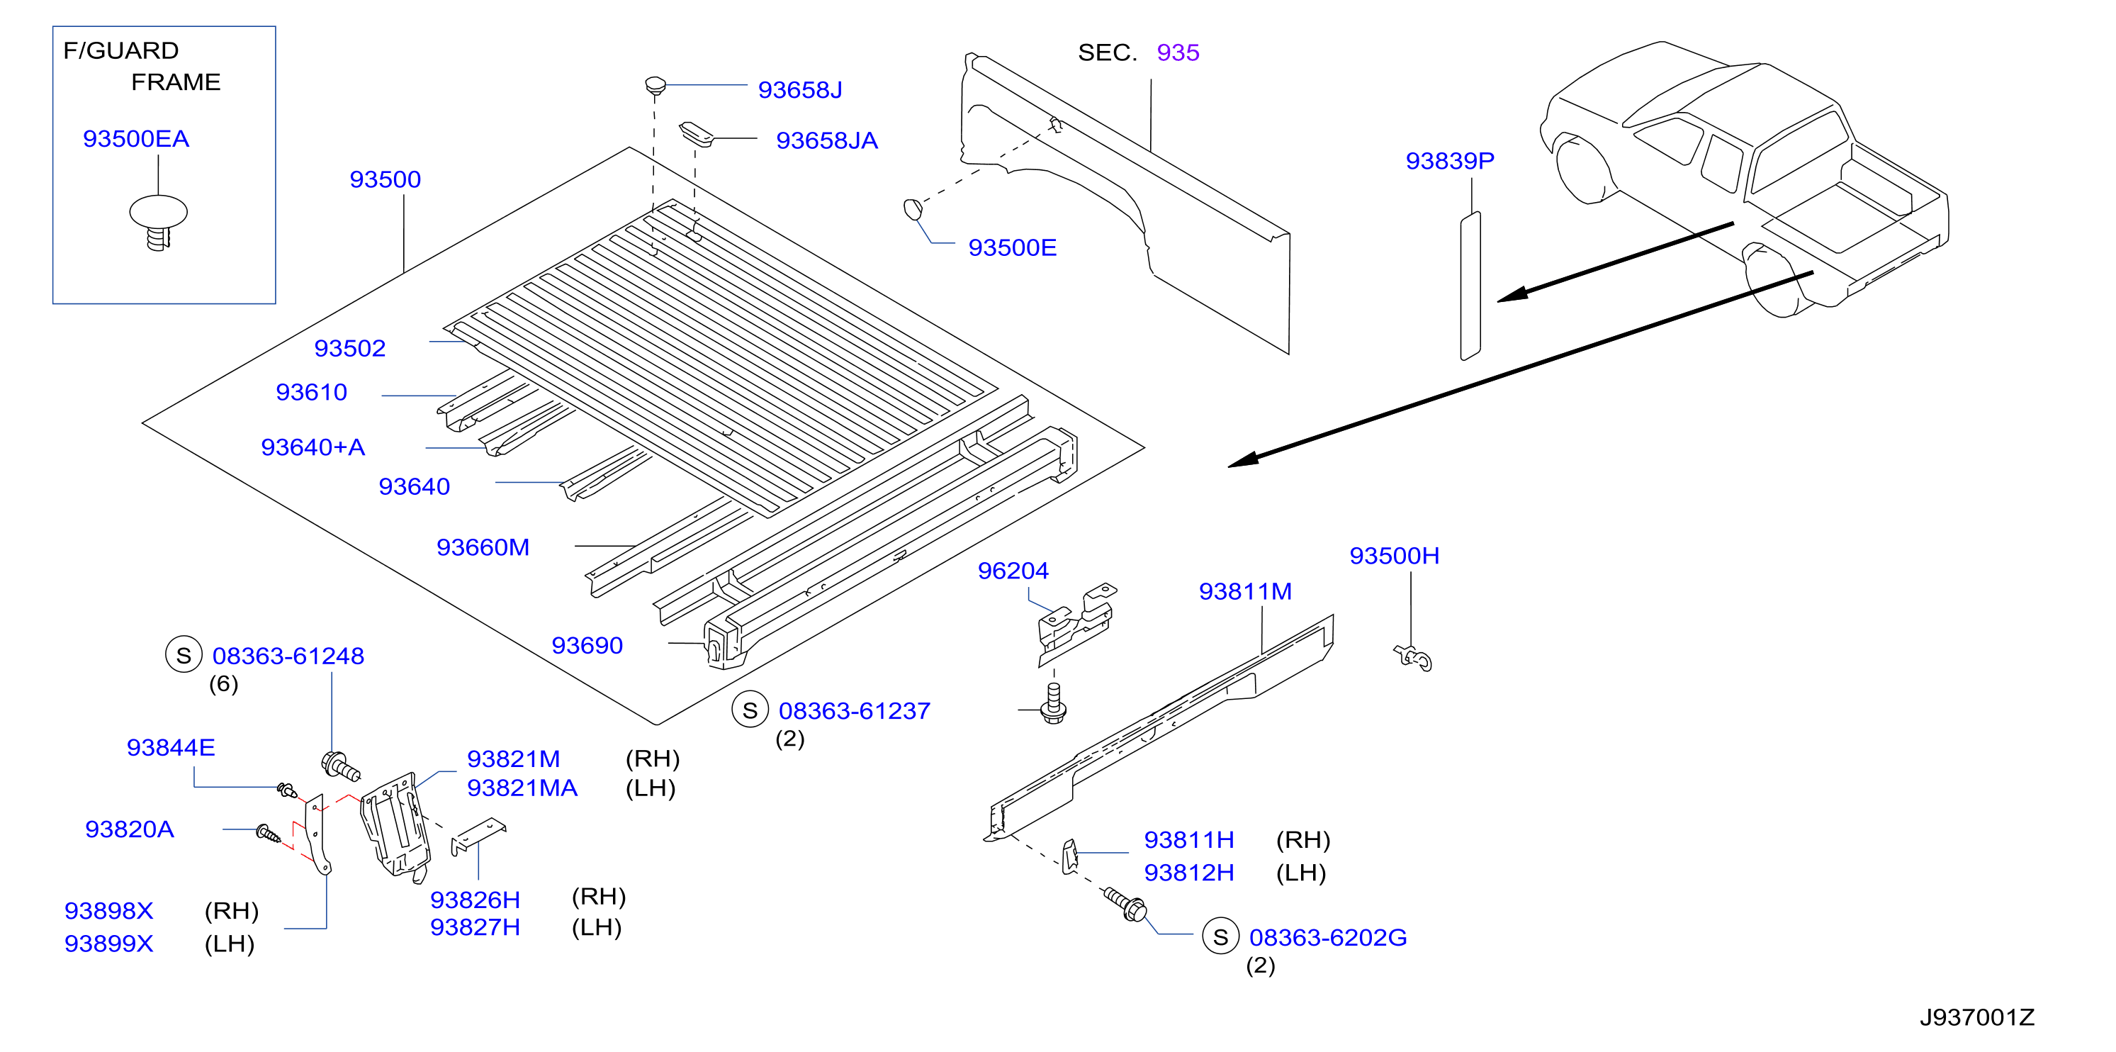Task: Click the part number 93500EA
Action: pyautogui.click(x=135, y=139)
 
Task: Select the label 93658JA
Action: pyautogui.click(x=826, y=140)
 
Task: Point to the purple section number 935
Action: pyautogui.click(x=1178, y=52)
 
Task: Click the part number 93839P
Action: pyautogui.click(x=1450, y=161)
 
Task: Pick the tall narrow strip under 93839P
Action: pyautogui.click(x=1470, y=285)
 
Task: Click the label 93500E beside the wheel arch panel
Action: pyautogui.click(x=1012, y=247)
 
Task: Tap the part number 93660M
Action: pyautogui.click(x=483, y=547)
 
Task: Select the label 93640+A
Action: pyautogui.click(x=313, y=447)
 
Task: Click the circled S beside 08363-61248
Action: pyautogui.click(x=184, y=655)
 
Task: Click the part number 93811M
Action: pyautogui.click(x=1245, y=592)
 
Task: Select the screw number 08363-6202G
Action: pyautogui.click(x=1327, y=938)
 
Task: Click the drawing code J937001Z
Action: pyautogui.click(x=1976, y=1017)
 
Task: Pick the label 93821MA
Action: pyautogui.click(x=522, y=788)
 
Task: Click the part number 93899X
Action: pyautogui.click(x=108, y=944)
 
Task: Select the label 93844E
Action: pyautogui.click(x=171, y=748)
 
